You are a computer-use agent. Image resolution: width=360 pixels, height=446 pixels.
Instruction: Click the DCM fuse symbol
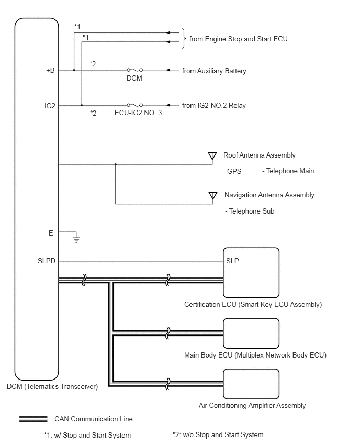pyautogui.click(x=135, y=70)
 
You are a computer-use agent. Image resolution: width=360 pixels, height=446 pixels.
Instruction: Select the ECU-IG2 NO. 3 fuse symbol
pyautogui.click(x=135, y=105)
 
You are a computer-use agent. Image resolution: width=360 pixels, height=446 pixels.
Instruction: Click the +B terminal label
pyautogui.click(x=50, y=70)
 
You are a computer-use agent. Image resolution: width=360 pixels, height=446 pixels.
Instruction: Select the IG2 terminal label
pyautogui.click(x=50, y=106)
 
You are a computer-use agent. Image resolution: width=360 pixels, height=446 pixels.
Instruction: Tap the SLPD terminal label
pyautogui.click(x=47, y=261)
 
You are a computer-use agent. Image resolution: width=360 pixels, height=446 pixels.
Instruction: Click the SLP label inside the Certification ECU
pyautogui.click(x=232, y=261)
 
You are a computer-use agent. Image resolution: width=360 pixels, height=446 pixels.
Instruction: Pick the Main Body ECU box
pyautogui.click(x=251, y=333)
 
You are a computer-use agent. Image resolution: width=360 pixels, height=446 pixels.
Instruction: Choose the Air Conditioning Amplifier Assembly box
pyautogui.click(x=251, y=384)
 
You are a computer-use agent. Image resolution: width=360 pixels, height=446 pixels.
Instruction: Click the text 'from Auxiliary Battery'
pyautogui.click(x=214, y=71)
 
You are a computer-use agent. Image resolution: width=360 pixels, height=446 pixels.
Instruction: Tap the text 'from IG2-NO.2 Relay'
pyautogui.click(x=214, y=106)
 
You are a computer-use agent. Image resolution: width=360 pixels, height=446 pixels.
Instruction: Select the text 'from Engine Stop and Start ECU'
pyautogui.click(x=238, y=39)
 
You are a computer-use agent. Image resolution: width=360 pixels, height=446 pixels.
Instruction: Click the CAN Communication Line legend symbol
pyautogui.click(x=33, y=419)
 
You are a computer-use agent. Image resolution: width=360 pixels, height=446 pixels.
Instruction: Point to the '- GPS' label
pyautogui.click(x=232, y=171)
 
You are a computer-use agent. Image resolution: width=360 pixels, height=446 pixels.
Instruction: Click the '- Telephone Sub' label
pyautogui.click(x=250, y=211)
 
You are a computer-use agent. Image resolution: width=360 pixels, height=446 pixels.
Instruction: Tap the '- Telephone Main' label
pyautogui.click(x=288, y=171)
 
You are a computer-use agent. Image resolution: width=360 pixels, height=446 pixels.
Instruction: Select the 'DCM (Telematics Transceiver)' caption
pyautogui.click(x=52, y=386)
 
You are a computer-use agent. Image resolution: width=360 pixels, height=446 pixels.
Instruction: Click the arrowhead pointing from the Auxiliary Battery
pyautogui.click(x=168, y=70)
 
